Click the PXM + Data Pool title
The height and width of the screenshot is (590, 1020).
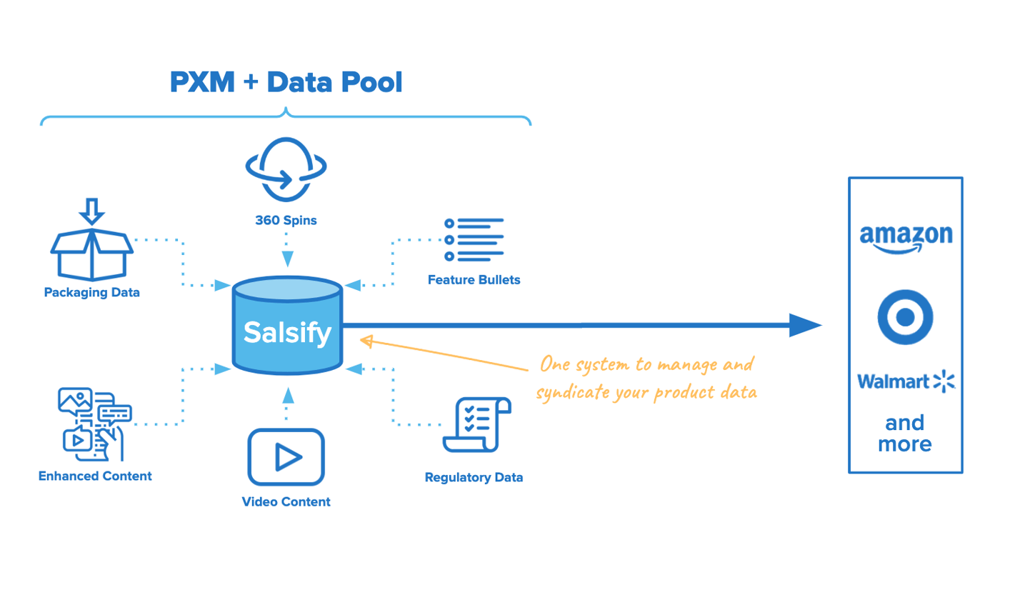tap(286, 83)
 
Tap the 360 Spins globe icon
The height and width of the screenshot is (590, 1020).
tap(286, 169)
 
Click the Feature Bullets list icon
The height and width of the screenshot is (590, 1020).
tap(474, 239)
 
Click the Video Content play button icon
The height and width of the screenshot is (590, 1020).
tap(286, 456)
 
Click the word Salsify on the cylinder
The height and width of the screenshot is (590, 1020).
tap(287, 331)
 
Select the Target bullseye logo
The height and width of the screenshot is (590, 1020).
tap(905, 317)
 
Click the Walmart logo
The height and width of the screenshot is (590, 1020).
tap(905, 381)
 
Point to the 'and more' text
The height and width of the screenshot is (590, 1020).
tap(905, 434)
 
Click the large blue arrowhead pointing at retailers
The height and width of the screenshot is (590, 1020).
tap(806, 326)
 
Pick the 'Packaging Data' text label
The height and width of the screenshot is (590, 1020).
tap(91, 292)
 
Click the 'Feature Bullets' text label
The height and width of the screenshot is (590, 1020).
tap(474, 280)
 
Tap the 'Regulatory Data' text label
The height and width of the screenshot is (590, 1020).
tap(474, 477)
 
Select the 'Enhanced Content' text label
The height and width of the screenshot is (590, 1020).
tap(95, 476)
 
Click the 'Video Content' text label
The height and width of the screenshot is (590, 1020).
tap(286, 501)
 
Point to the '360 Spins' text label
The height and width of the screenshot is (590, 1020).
tap(286, 220)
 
